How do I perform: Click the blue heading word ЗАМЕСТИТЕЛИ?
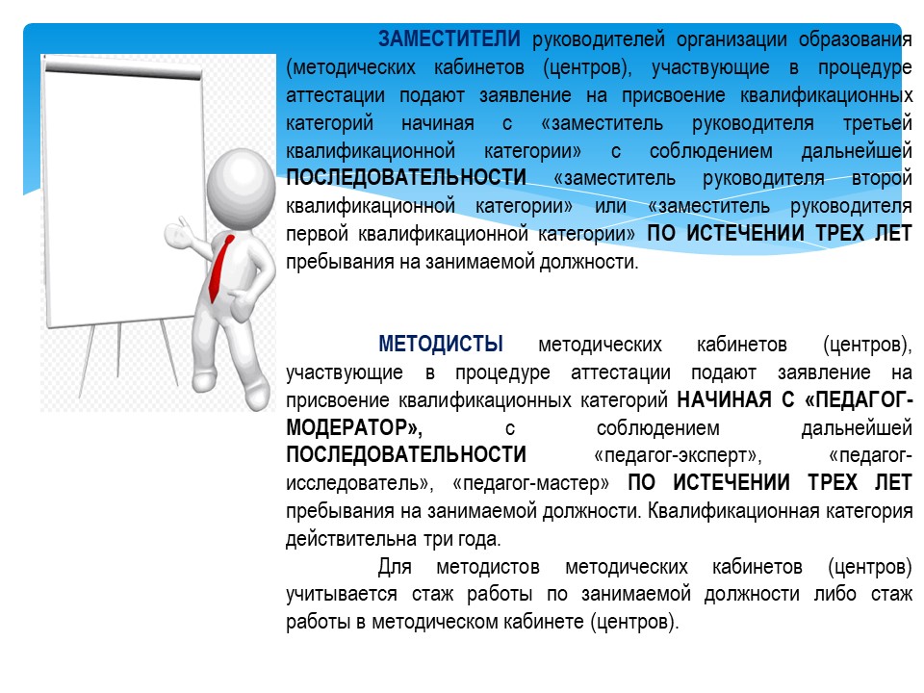tap(449, 38)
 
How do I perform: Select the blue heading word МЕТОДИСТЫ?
tap(441, 344)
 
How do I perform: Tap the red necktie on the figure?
tap(220, 268)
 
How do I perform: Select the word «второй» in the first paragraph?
tap(882, 178)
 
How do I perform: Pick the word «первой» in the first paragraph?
tap(317, 234)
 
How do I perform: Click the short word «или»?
tap(610, 206)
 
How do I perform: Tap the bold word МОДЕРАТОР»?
tap(354, 427)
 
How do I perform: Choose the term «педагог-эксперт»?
tap(678, 455)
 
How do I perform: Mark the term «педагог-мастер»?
tap(530, 483)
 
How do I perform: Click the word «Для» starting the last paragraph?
tap(395, 567)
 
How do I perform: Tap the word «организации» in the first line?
tap(731, 40)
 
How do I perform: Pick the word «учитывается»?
tap(341, 594)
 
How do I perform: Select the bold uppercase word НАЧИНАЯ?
tap(724, 400)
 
